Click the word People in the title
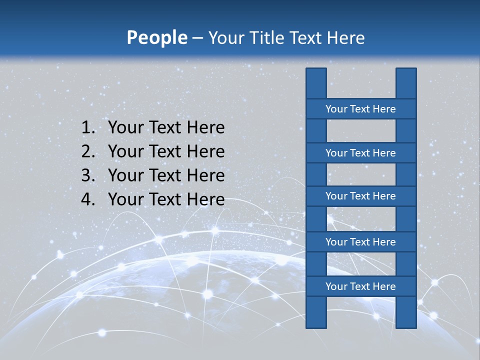click(156, 38)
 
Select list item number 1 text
click(166, 128)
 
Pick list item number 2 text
click(166, 151)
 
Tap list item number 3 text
click(166, 175)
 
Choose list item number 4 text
click(166, 199)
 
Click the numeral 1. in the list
click(88, 128)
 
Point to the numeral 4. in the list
click(88, 199)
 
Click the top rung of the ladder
click(360, 109)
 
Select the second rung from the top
click(360, 153)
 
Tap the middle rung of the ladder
click(360, 196)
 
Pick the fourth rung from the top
click(360, 242)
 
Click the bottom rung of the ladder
click(360, 286)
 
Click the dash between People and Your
click(197, 38)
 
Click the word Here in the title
click(345, 38)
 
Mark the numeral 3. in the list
click(88, 175)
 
